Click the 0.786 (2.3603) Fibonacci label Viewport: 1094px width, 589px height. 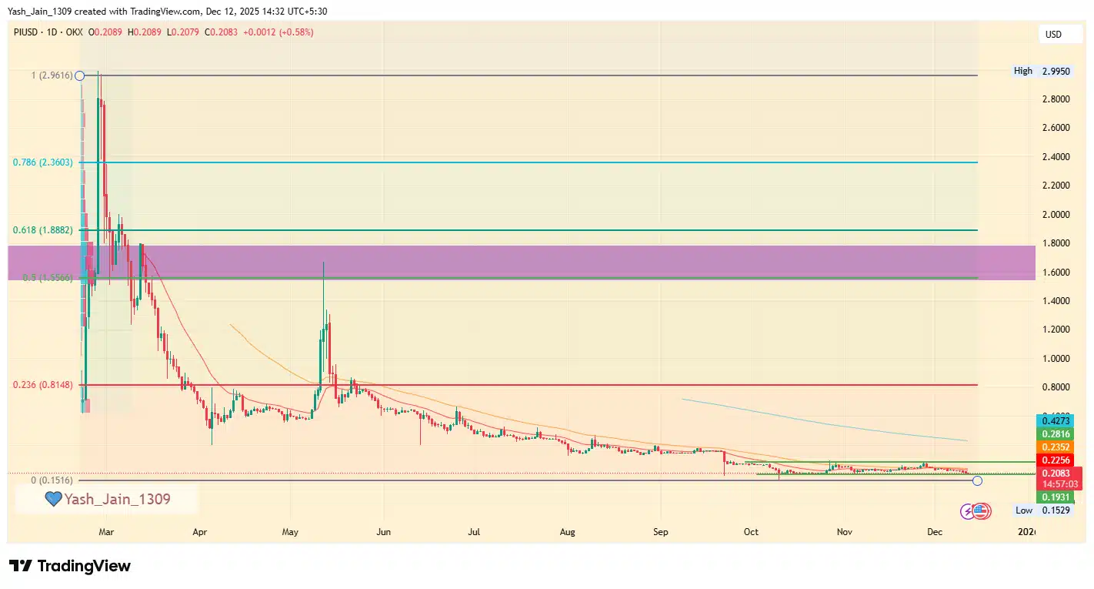coord(43,162)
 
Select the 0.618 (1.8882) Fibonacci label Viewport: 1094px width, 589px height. coord(43,230)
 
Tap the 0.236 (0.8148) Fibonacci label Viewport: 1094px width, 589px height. coord(43,384)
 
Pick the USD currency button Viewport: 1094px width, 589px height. coord(1052,34)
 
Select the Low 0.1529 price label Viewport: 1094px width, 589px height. coord(1043,510)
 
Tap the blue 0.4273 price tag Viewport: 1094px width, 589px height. coord(1054,421)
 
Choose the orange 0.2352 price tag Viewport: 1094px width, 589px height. coord(1054,447)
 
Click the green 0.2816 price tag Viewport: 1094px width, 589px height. coord(1054,434)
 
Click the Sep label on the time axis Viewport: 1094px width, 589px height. coord(661,532)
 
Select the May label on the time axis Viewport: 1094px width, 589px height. coord(290,532)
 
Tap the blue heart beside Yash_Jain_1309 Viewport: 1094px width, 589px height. coord(53,500)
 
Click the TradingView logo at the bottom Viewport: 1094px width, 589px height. coord(70,567)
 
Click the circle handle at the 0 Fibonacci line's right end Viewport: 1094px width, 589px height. coord(977,481)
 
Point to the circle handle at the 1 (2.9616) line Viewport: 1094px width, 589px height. coord(79,75)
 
